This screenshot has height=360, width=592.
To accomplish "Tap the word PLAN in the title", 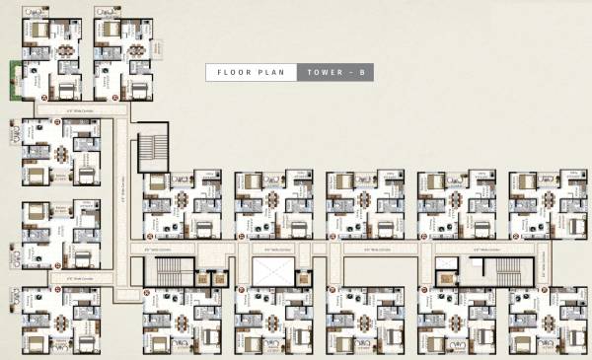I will (x=273, y=72).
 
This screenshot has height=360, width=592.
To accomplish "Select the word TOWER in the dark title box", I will (x=324, y=72).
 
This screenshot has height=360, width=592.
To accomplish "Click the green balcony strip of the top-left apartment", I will (x=16, y=79).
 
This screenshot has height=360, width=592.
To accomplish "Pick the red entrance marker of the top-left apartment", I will (x=45, y=98).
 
